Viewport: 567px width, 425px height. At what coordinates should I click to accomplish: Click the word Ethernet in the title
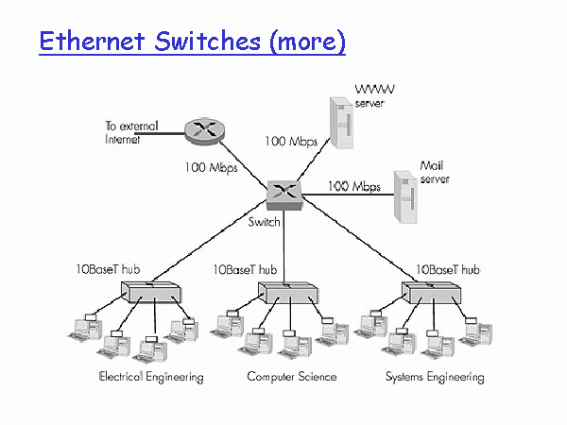93,41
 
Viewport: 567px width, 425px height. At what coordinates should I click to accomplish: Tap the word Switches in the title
208,41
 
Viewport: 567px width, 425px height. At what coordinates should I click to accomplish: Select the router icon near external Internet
204,131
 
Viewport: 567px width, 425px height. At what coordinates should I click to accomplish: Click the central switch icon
284,195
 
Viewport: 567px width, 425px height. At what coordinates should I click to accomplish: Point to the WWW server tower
341,123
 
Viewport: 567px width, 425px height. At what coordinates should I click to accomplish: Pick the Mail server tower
405,197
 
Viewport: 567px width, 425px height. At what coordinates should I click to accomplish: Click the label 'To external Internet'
132,132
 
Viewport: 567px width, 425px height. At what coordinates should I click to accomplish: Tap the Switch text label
264,222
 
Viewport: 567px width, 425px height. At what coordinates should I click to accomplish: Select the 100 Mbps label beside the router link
211,168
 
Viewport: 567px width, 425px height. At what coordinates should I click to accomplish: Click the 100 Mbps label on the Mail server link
354,186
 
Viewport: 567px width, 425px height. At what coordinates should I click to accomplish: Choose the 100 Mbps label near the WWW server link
291,142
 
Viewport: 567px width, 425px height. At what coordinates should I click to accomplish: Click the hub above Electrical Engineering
150,292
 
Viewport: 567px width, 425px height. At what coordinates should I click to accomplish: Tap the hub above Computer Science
288,293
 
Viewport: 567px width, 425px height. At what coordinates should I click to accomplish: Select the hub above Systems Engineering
432,293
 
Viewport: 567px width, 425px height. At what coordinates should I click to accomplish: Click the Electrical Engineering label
151,377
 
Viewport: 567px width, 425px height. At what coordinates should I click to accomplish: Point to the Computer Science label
292,377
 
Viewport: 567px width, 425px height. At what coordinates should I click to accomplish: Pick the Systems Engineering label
435,377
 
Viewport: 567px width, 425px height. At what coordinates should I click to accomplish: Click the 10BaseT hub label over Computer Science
245,269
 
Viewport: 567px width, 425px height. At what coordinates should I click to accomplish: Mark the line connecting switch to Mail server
348,195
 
